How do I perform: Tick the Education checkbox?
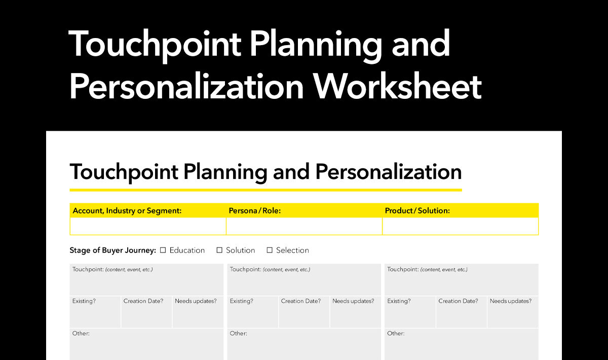click(x=163, y=250)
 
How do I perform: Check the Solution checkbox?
click(x=219, y=250)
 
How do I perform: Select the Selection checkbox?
click(x=270, y=250)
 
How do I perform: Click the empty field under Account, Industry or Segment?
click(x=148, y=226)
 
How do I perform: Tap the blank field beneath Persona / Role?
click(x=304, y=226)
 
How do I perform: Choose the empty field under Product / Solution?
click(x=461, y=226)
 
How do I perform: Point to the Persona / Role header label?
click(x=254, y=210)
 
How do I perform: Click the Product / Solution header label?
click(x=417, y=210)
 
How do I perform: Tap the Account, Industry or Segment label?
click(x=127, y=211)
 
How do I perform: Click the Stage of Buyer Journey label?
click(x=112, y=250)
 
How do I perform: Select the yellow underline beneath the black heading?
click(x=265, y=190)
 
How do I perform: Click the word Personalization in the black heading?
click(x=389, y=172)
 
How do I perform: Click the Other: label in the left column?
click(x=81, y=333)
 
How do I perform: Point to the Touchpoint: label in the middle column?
click(x=245, y=270)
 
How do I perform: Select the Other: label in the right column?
click(x=396, y=333)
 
